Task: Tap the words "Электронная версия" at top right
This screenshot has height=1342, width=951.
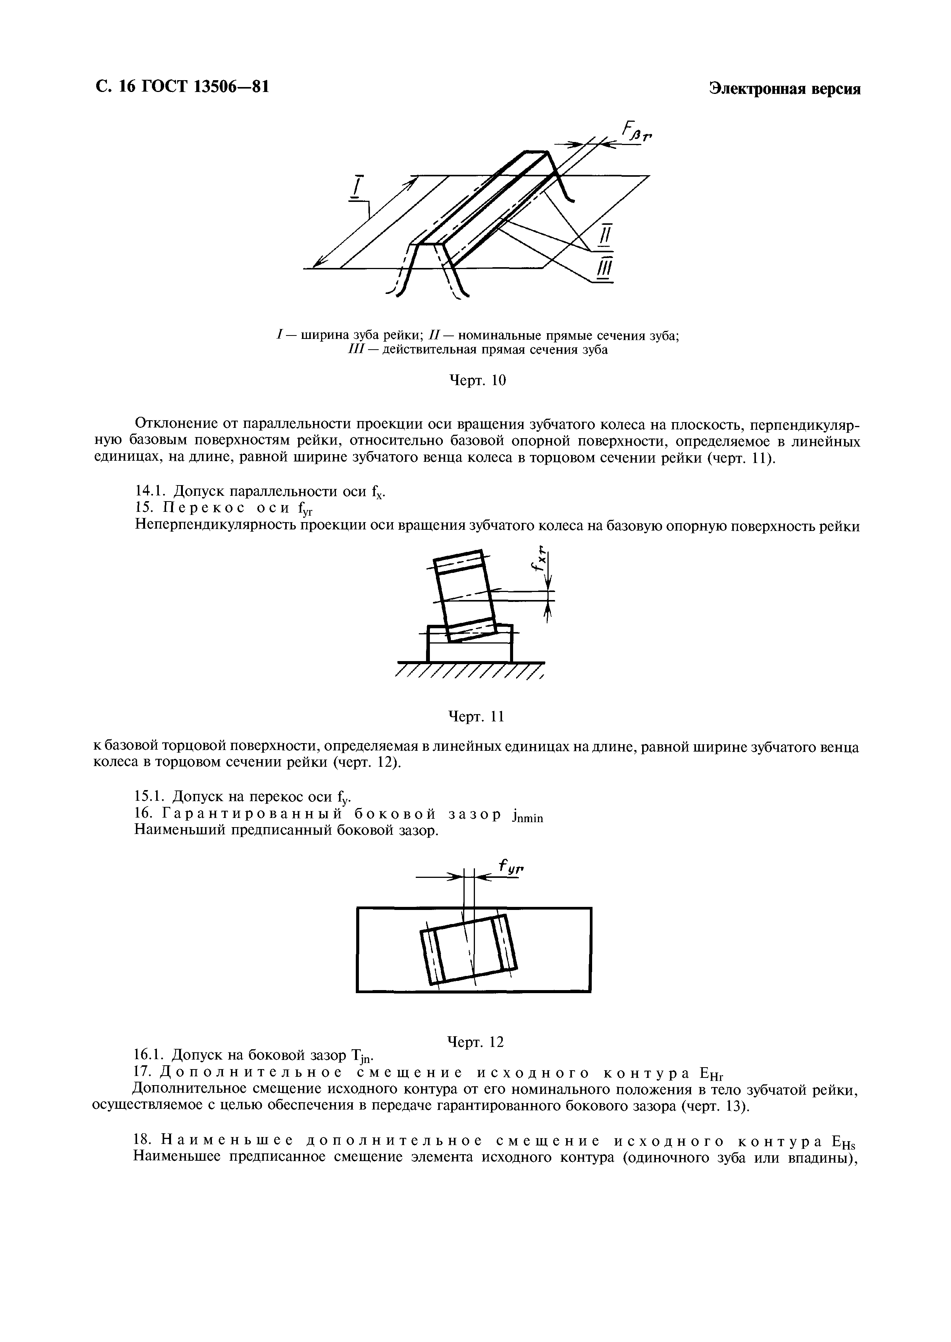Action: (785, 89)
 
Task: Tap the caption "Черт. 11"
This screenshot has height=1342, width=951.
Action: (476, 717)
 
